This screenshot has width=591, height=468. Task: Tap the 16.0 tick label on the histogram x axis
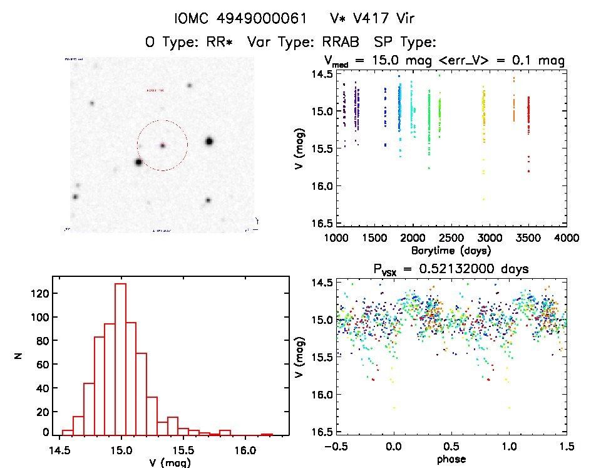tap(244, 449)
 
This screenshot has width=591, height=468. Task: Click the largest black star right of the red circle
tap(209, 142)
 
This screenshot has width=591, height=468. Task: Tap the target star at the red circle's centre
tap(163, 145)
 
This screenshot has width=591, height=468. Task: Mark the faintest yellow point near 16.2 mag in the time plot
tap(483, 199)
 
